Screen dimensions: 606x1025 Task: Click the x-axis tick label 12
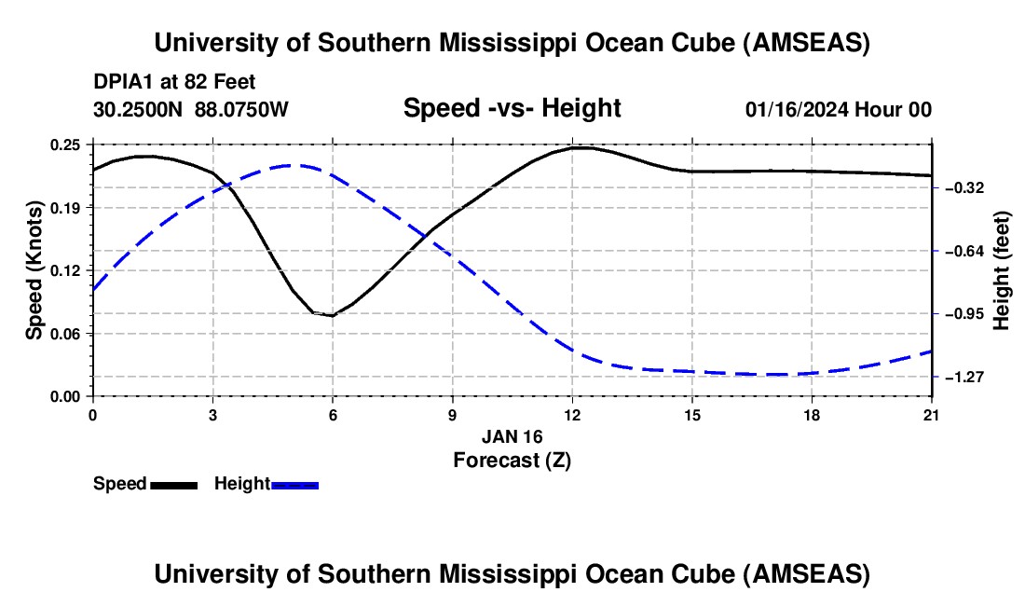click(572, 415)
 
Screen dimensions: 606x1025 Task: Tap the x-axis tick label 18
click(813, 415)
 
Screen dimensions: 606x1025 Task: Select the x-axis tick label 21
click(932, 415)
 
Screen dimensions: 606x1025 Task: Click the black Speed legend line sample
click(173, 485)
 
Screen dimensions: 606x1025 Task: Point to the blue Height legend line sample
click(295, 485)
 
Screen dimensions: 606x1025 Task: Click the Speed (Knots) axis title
click(34, 270)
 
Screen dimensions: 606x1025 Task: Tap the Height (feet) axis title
click(1003, 270)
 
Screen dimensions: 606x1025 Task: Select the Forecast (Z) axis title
click(512, 460)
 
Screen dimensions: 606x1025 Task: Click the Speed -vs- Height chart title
click(512, 109)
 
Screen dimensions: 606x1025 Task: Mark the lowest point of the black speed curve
click(331, 316)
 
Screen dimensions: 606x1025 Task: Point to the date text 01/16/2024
click(798, 110)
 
